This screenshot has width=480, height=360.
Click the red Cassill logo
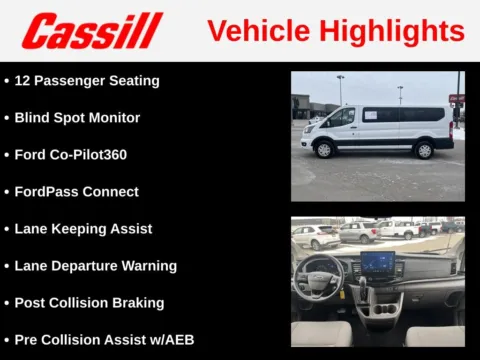click(92, 31)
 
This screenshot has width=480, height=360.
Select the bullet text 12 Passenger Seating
click(87, 80)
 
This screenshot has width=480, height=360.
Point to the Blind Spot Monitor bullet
click(77, 117)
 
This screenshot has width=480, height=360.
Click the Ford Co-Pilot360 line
click(70, 154)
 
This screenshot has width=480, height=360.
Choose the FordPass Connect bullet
click(76, 191)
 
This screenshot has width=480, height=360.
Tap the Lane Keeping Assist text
click(83, 228)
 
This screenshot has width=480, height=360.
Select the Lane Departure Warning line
click(95, 265)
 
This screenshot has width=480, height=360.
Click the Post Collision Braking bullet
click(89, 302)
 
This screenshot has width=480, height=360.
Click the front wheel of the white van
click(323, 149)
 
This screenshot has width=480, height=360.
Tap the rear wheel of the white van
click(423, 149)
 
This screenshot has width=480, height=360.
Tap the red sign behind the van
click(457, 98)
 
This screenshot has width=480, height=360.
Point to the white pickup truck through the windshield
click(400, 229)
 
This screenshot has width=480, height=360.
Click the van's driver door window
click(342, 116)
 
